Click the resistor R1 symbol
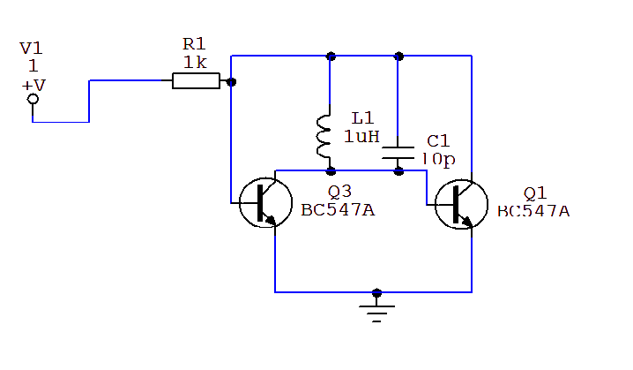(196, 81)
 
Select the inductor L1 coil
(323, 138)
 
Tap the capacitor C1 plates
(398, 153)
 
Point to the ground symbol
(377, 310)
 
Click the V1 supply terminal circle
(33, 100)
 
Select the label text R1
(193, 43)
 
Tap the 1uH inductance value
(361, 136)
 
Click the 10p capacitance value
(438, 159)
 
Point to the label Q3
(339, 192)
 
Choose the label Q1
(535, 193)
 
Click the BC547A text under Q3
(337, 209)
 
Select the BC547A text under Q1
(533, 210)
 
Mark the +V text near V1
(34, 85)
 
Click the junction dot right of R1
(231, 82)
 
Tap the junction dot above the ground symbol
(377, 292)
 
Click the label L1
(362, 117)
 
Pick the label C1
(438, 141)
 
